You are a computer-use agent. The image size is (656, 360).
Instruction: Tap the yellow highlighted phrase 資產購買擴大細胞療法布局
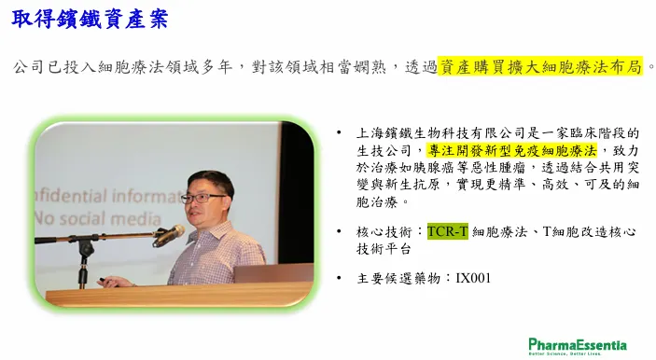541,66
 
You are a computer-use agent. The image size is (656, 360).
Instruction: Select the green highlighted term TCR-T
448,230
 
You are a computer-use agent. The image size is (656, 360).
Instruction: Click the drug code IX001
473,277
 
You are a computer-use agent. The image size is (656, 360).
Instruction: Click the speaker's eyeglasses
200,197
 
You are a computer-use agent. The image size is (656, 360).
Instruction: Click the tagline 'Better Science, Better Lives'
577,353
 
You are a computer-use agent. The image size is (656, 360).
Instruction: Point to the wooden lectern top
177,296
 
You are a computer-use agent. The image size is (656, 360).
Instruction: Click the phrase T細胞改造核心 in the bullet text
593,230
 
